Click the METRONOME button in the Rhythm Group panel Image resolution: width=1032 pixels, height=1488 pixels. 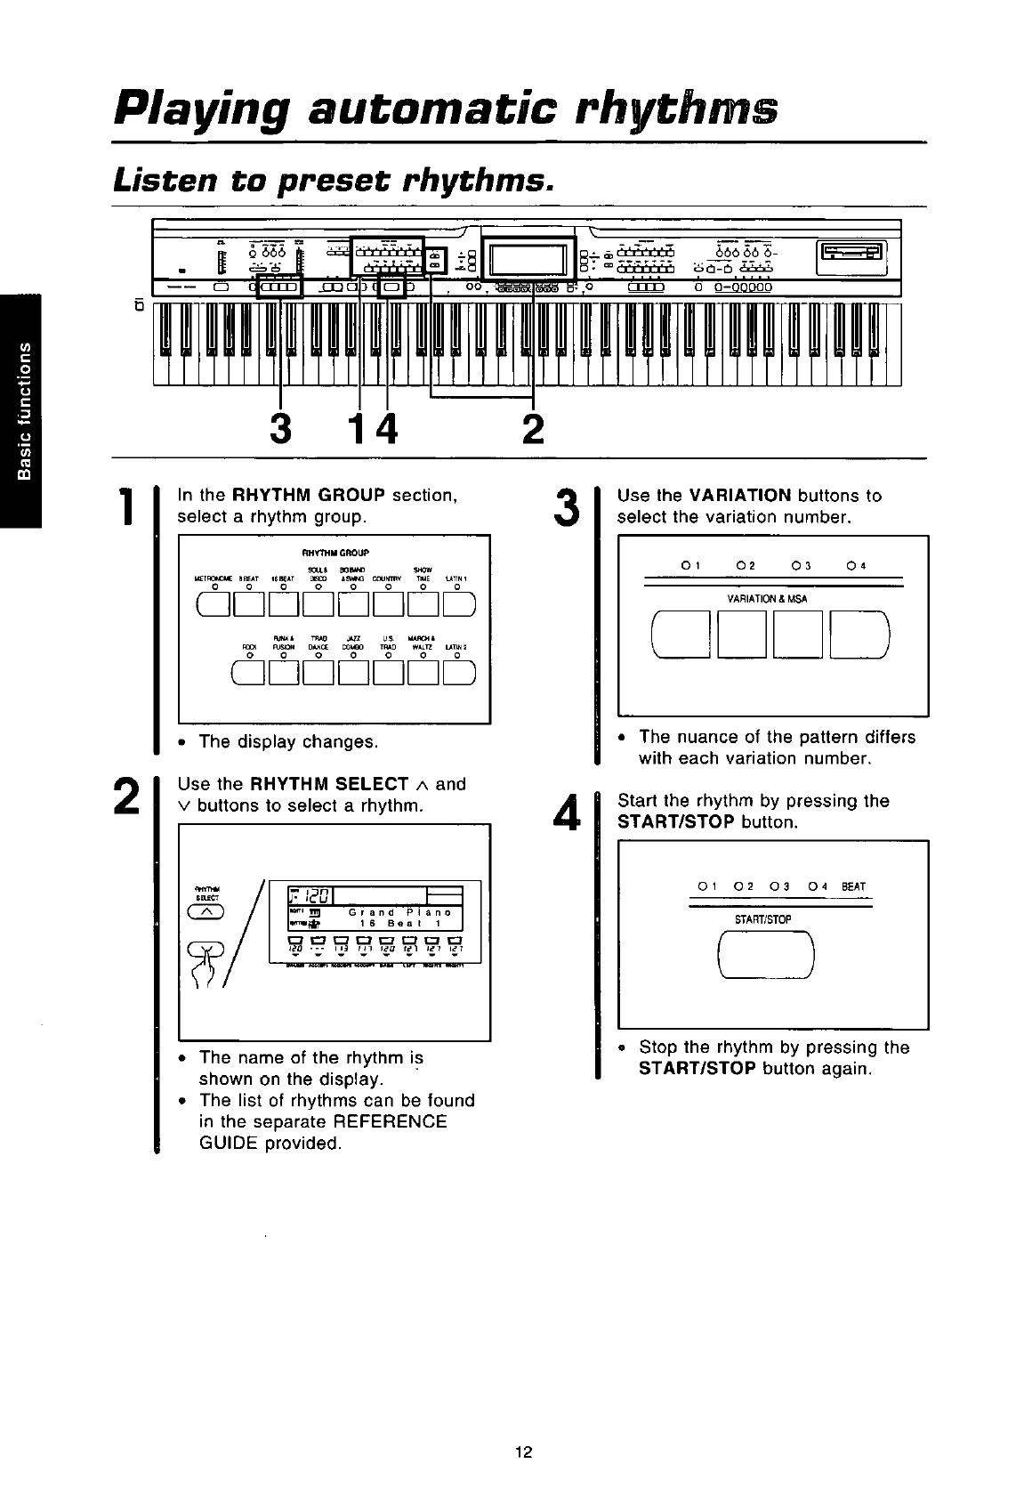point(214,602)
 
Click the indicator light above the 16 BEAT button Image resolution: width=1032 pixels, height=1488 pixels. point(284,586)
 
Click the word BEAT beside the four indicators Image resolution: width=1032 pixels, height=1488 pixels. point(853,886)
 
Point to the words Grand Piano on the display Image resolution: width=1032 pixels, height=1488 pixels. point(399,912)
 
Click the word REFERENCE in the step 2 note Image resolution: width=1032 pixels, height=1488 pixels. point(395,1121)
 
